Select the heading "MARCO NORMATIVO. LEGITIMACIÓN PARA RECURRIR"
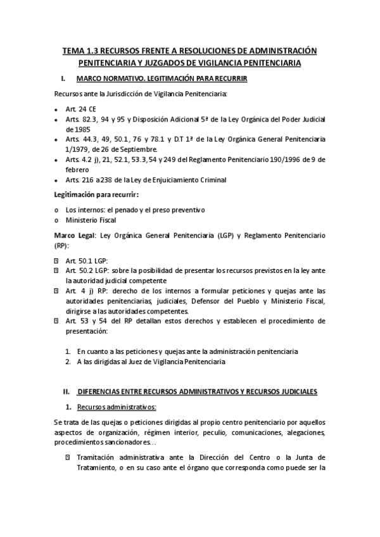pyautogui.click(x=161, y=79)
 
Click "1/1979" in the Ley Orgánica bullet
pyautogui.click(x=79, y=148)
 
